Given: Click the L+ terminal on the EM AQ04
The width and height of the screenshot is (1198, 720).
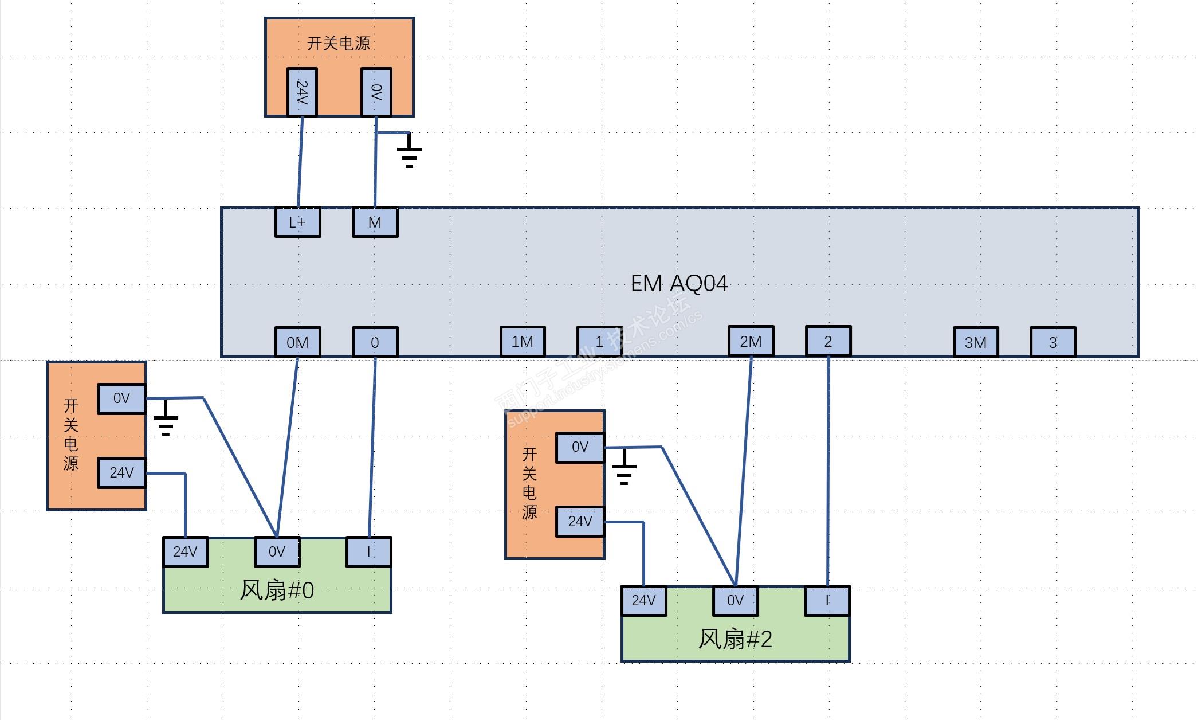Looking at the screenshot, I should point(297,222).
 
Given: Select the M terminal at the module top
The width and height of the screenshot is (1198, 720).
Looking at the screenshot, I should point(375,222).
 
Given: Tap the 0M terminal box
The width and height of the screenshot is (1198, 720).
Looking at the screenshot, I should point(297,342).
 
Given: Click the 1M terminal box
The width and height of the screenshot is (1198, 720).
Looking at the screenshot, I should point(523,342).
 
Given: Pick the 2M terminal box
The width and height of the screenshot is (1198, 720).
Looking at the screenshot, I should point(751,341).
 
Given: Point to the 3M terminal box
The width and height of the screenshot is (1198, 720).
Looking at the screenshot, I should point(976,342).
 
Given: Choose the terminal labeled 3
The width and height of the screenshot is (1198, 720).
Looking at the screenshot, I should point(1052,342).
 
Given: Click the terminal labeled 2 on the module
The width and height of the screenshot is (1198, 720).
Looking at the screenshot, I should point(828,341).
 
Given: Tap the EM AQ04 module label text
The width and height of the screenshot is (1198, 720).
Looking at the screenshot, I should point(679,283).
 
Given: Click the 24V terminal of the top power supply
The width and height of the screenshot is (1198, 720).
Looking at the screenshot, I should point(302,92).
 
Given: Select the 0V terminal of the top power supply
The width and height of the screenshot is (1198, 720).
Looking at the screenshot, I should point(376,92).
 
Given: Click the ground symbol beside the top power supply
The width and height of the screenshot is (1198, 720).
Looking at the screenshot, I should point(409,152).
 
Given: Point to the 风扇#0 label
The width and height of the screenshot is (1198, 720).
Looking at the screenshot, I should point(277,590).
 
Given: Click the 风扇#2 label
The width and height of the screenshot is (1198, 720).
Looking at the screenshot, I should point(735,639).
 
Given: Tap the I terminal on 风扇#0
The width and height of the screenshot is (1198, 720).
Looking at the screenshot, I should point(368,551).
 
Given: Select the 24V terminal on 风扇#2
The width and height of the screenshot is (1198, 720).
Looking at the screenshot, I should point(643,600).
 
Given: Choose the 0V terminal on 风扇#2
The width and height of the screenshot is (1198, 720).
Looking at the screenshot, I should point(735,600).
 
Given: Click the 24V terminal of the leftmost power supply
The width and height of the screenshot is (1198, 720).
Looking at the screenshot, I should point(121,472).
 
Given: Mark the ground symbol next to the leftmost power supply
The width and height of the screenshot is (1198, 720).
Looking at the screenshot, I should point(166,421).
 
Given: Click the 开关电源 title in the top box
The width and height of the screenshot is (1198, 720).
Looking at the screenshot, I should point(339,43).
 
